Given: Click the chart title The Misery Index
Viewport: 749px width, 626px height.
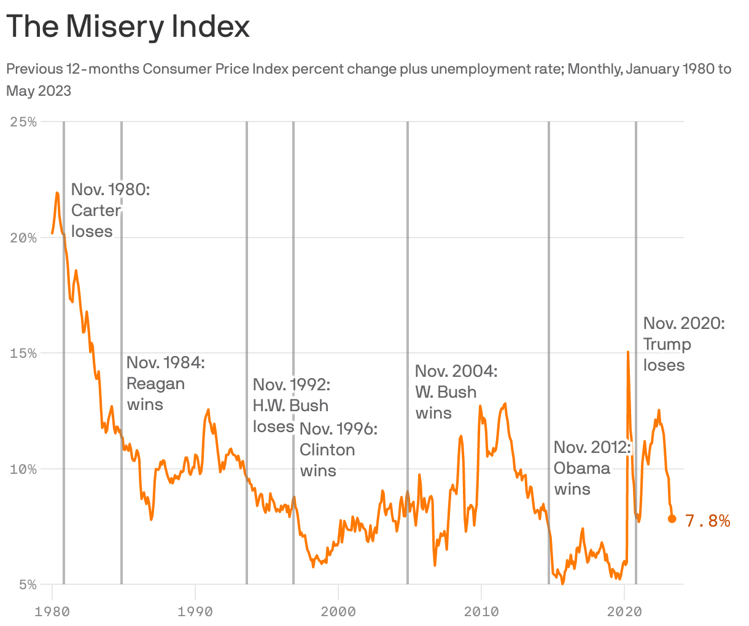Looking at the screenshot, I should click(x=128, y=27).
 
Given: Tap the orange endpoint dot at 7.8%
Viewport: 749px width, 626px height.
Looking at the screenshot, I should click(x=672, y=519).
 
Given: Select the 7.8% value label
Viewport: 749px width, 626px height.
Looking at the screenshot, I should click(x=707, y=521).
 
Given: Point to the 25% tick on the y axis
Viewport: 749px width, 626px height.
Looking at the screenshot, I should click(x=25, y=122).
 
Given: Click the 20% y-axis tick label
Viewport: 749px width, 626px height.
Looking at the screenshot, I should click(x=25, y=238).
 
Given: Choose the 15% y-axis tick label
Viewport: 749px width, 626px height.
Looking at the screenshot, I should click(x=25, y=354).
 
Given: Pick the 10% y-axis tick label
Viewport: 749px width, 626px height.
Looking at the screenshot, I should click(x=25, y=469).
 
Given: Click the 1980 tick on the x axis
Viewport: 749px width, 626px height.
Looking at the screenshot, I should click(x=52, y=611).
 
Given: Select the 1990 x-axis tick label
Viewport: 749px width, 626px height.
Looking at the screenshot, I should click(x=195, y=611).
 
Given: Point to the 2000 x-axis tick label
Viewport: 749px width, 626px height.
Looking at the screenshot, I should click(x=338, y=611).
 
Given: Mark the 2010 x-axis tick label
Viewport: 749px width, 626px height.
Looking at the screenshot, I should click(x=481, y=611).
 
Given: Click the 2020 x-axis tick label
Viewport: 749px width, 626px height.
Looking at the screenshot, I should click(x=624, y=611).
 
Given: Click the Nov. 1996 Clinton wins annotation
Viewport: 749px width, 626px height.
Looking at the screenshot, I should click(x=338, y=450).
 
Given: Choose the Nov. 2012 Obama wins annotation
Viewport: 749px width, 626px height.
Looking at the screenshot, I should click(x=591, y=468).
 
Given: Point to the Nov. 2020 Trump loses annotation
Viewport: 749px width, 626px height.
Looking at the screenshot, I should click(x=683, y=344).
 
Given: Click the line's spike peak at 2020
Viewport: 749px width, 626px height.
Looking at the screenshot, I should click(x=627, y=352).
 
